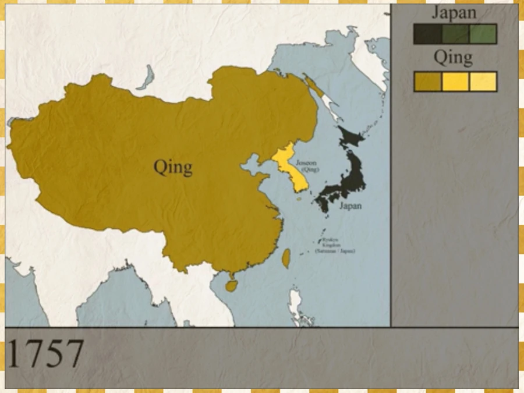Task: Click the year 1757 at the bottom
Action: point(45,353)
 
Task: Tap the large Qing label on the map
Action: point(173,168)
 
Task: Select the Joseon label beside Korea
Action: point(306,164)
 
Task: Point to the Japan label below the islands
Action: point(350,206)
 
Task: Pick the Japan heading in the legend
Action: point(455,13)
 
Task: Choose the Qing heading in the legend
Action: point(453,58)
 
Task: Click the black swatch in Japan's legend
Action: point(427,34)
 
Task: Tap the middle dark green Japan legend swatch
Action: point(455,34)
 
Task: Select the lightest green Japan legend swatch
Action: point(483,34)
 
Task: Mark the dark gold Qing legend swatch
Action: point(427,82)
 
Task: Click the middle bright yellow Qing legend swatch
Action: point(455,82)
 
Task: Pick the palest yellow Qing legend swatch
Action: point(483,82)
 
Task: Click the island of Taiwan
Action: point(286,258)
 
